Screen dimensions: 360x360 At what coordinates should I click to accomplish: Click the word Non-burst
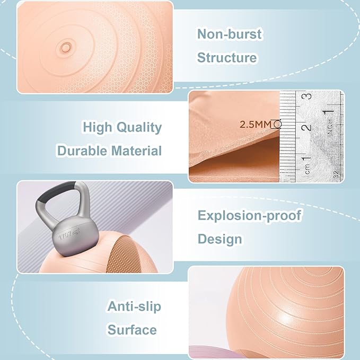point(230,34)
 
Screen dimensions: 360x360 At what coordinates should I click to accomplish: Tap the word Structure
point(227,58)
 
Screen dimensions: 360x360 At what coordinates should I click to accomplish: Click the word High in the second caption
point(99,127)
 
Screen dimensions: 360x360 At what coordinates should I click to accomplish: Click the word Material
point(137,151)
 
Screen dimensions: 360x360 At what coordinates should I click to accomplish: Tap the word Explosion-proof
point(249,216)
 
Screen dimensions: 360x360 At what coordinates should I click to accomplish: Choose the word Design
point(219,239)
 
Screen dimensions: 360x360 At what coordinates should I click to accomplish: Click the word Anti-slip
point(134,306)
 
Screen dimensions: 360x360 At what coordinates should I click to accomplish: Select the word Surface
point(133,330)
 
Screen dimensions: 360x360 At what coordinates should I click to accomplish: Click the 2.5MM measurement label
point(256,125)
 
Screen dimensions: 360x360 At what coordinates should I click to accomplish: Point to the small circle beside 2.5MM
point(277,125)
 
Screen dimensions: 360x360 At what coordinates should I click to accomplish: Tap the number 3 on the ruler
point(306,97)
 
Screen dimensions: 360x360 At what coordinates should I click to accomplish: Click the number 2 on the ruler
point(306,128)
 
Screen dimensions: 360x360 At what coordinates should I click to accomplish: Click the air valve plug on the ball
point(66,48)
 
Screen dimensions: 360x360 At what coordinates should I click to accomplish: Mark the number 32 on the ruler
point(337,174)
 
